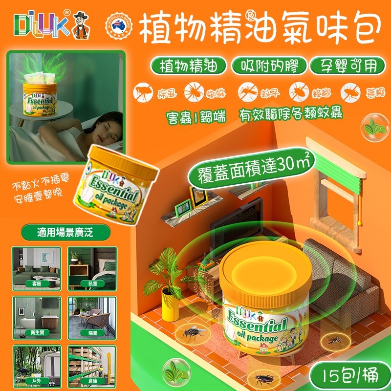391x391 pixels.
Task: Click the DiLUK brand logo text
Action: (x=35, y=25)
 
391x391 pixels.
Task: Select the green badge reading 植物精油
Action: (x=188, y=65)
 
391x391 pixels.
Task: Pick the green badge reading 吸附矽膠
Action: (x=268, y=65)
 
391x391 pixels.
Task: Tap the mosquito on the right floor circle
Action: (x=332, y=339)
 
